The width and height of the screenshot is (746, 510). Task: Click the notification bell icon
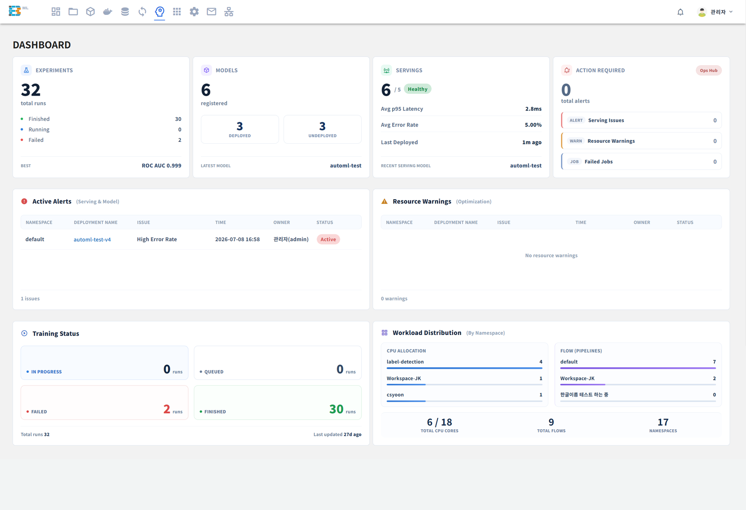pyautogui.click(x=680, y=12)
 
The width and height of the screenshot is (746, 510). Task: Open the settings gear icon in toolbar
pyautogui.click(x=194, y=12)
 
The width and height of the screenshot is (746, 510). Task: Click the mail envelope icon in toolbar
pyautogui.click(x=212, y=12)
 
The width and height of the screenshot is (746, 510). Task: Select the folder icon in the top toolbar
pyautogui.click(x=73, y=12)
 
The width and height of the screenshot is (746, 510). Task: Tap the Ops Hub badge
pyautogui.click(x=708, y=70)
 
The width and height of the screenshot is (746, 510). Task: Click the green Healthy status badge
pyautogui.click(x=417, y=89)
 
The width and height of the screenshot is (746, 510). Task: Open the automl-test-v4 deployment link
pyautogui.click(x=92, y=239)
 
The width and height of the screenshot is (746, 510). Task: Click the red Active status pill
pyautogui.click(x=328, y=239)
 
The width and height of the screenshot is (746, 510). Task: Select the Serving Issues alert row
pyautogui.click(x=642, y=120)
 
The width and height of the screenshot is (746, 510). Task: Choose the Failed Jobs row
pyautogui.click(x=642, y=161)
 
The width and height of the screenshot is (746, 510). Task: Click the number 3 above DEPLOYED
pyautogui.click(x=240, y=126)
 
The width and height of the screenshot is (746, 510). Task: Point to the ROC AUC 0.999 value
pyautogui.click(x=161, y=166)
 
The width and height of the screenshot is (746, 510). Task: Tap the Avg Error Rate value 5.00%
pyautogui.click(x=533, y=125)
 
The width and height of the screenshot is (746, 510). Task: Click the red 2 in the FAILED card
pyautogui.click(x=167, y=409)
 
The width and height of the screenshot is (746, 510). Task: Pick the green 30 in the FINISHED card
pyautogui.click(x=336, y=409)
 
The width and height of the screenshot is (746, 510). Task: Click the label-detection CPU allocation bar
pyautogui.click(x=464, y=368)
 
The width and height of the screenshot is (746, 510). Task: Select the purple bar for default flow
pyautogui.click(x=638, y=368)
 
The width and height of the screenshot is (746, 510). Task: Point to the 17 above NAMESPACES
pyautogui.click(x=663, y=422)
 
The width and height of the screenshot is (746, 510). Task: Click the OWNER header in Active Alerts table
pyautogui.click(x=282, y=222)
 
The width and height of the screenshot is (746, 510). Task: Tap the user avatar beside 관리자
pyautogui.click(x=702, y=12)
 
